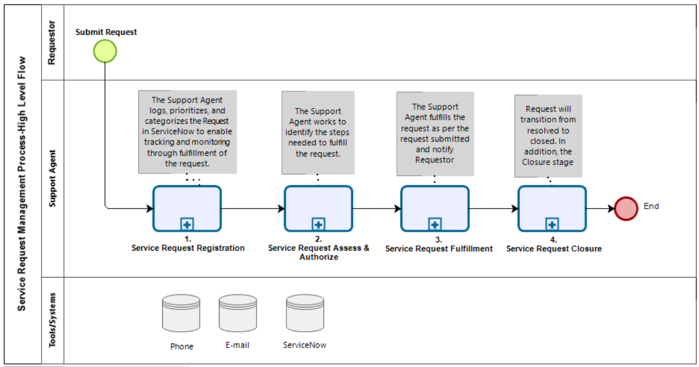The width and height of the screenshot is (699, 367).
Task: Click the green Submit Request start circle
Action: click(x=105, y=51)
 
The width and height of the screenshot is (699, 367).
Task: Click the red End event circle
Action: click(x=626, y=209)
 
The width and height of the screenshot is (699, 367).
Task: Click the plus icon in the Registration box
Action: click(x=187, y=224)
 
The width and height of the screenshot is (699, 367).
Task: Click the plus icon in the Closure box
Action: click(x=552, y=224)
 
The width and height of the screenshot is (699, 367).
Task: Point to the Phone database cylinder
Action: click(x=181, y=313)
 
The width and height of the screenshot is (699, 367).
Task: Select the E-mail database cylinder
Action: click(x=238, y=313)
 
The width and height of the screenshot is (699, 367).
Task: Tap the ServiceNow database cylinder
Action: click(x=305, y=313)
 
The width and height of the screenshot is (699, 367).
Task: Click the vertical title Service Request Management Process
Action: click(x=22, y=183)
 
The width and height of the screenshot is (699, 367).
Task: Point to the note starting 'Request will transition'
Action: click(x=548, y=136)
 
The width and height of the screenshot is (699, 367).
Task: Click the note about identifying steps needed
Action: click(x=318, y=132)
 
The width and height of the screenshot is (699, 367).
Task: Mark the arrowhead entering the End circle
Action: click(x=611, y=209)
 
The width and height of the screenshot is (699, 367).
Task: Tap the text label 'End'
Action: click(x=651, y=206)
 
